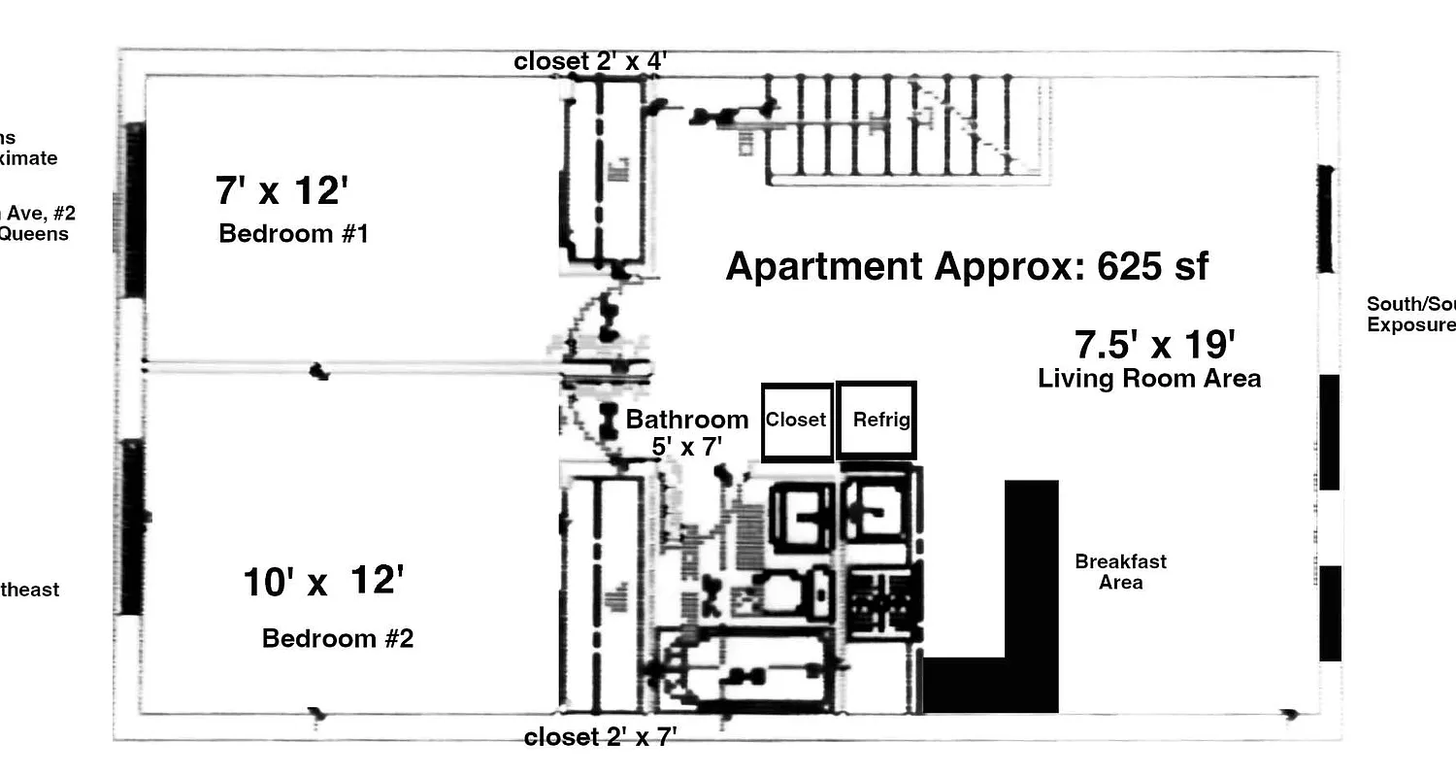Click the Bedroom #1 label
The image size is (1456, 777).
pyautogui.click(x=293, y=234)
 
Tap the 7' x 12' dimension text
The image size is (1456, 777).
pyautogui.click(x=281, y=190)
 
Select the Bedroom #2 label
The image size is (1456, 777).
pyautogui.click(x=338, y=639)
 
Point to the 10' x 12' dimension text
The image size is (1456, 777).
pyautogui.click(x=322, y=583)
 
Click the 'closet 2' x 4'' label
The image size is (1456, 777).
pyautogui.click(x=590, y=61)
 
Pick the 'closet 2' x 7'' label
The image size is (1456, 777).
pyautogui.click(x=600, y=737)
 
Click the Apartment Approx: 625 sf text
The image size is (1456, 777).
pyautogui.click(x=967, y=266)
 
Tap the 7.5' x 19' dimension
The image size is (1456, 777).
pyautogui.click(x=1154, y=345)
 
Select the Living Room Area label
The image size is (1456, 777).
pyautogui.click(x=1149, y=379)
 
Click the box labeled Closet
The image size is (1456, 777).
pyautogui.click(x=797, y=422)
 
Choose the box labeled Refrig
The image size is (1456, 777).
pyautogui.click(x=877, y=421)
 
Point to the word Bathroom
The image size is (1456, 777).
pyautogui.click(x=687, y=420)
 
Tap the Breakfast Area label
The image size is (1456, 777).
pyautogui.click(x=1121, y=572)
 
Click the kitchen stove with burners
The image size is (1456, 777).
pyautogui.click(x=881, y=602)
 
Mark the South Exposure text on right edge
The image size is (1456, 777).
pyautogui.click(x=1410, y=315)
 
